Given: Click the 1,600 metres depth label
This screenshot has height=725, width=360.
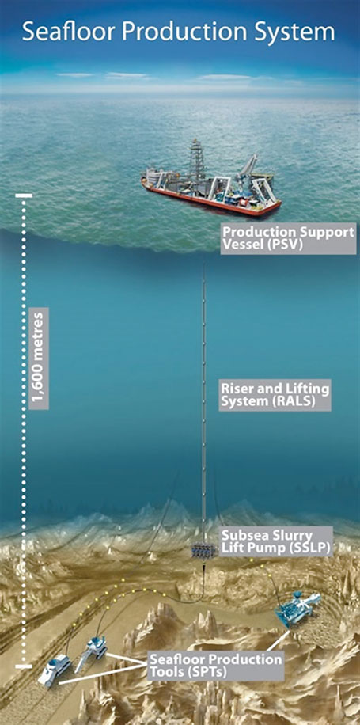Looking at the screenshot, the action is click(x=38, y=359).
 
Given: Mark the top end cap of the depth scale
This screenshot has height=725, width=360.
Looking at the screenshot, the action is click(x=24, y=195).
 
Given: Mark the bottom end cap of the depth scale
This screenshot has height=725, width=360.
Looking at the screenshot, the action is click(x=24, y=666).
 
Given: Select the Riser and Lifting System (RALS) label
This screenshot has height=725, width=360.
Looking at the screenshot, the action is click(x=275, y=395).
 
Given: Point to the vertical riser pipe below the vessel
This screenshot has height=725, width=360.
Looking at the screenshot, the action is click(x=204, y=402).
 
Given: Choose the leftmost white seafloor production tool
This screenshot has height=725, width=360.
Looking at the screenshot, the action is click(x=54, y=670).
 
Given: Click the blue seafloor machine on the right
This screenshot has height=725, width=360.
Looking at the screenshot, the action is click(x=297, y=609).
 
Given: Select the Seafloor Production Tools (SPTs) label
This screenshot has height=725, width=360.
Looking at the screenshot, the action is click(x=216, y=665).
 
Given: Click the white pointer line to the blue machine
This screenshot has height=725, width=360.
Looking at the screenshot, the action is click(x=277, y=640).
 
